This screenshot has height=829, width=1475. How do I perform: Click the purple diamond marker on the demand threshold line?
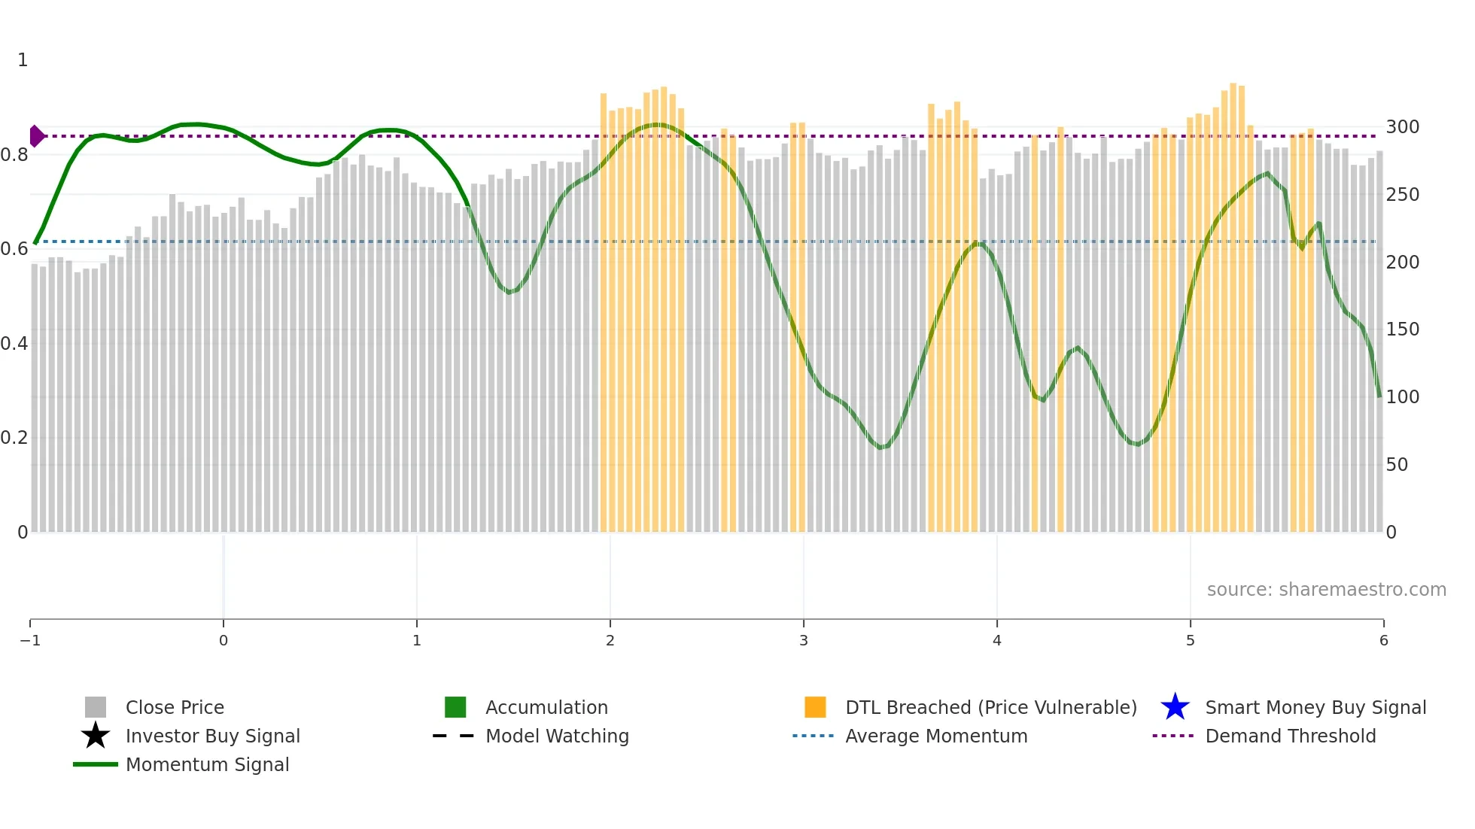(x=36, y=136)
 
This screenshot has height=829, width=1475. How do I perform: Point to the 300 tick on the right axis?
(x=1402, y=127)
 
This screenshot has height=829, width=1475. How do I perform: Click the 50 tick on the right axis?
(x=1397, y=465)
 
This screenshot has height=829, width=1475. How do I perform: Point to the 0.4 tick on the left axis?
(x=14, y=344)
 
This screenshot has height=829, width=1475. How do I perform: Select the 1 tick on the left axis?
(x=23, y=60)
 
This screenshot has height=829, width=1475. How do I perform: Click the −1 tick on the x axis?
(x=30, y=640)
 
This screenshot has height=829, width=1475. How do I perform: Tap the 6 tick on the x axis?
(x=1383, y=640)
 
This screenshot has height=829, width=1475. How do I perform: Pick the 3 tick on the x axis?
(x=804, y=640)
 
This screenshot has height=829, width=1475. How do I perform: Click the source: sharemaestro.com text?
(x=1326, y=590)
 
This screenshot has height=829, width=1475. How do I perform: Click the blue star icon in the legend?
(x=1175, y=707)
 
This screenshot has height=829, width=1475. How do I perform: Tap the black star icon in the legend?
(x=96, y=736)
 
